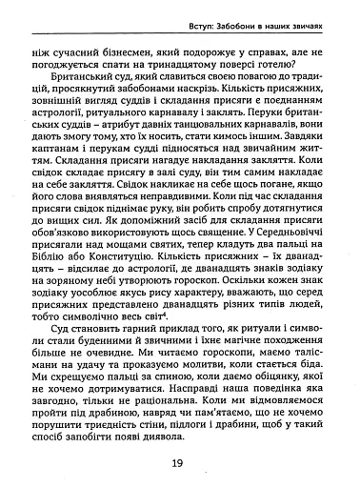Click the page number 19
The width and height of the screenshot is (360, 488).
click(178, 463)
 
